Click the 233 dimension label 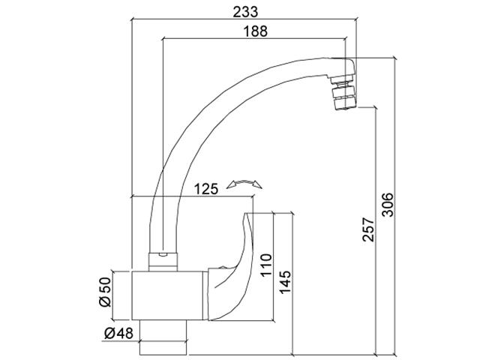pyautogui.click(x=245, y=12)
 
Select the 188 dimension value pyautogui.click(x=255, y=31)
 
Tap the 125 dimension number pyautogui.click(x=206, y=189)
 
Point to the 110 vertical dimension pyautogui.click(x=266, y=265)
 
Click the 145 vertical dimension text pyautogui.click(x=285, y=282)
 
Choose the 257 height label pyautogui.click(x=368, y=229)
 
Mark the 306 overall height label pyautogui.click(x=387, y=205)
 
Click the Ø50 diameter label pyautogui.click(x=105, y=292)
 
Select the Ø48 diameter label pyautogui.click(x=118, y=333)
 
